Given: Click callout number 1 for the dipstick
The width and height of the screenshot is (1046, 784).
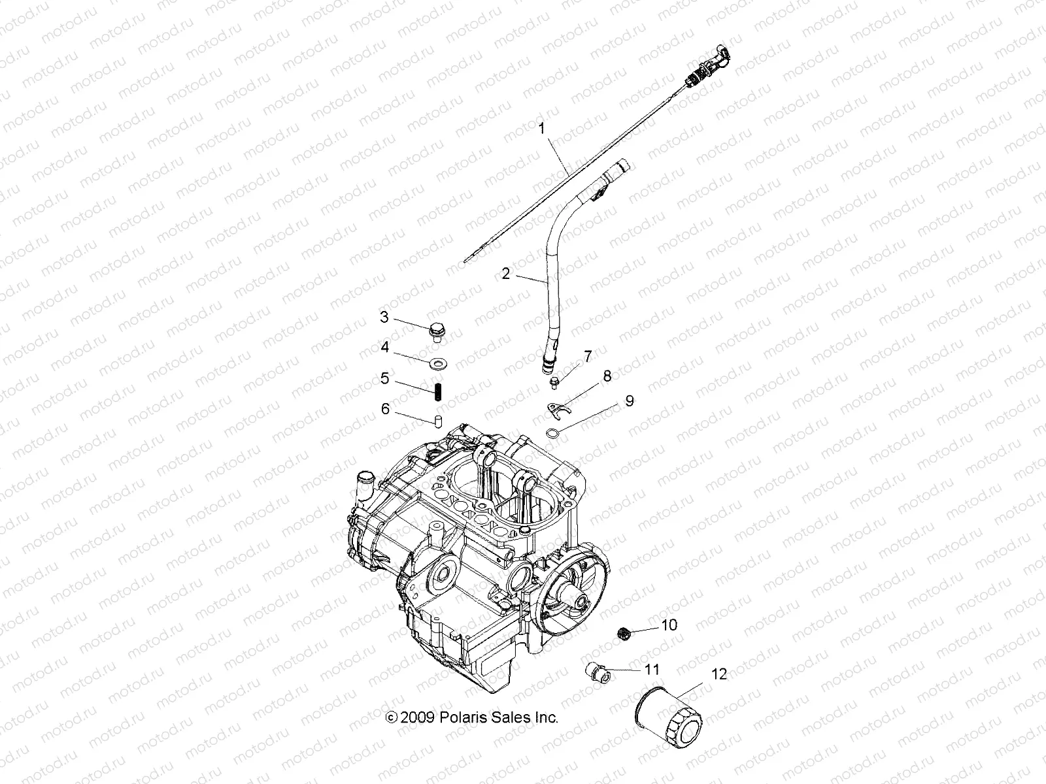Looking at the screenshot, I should [x=541, y=129].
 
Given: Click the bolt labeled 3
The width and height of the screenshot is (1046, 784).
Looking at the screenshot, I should [x=435, y=331].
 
